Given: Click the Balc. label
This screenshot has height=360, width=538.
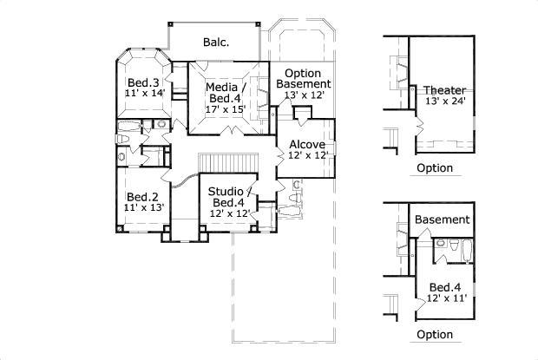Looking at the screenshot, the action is click(x=216, y=43).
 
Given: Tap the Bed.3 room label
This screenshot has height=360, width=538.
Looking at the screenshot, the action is click(x=143, y=82).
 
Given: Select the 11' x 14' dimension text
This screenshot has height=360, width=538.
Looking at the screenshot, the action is click(x=145, y=93).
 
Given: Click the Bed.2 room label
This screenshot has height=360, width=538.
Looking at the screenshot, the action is click(x=142, y=197).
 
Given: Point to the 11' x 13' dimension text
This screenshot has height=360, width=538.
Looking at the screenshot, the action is click(x=144, y=207).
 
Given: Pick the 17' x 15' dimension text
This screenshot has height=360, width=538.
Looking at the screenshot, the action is click(x=226, y=109).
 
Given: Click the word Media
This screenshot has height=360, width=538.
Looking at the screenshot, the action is click(x=221, y=87).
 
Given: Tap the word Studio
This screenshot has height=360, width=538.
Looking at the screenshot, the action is click(x=226, y=192).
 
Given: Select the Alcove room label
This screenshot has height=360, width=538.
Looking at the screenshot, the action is click(x=307, y=144).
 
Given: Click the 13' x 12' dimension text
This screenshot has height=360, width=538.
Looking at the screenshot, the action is click(x=305, y=95).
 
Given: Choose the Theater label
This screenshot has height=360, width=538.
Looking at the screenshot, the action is click(x=444, y=90).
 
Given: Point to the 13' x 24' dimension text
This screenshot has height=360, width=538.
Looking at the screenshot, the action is click(x=445, y=101).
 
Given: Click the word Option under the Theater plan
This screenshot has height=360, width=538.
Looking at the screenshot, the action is click(x=435, y=168).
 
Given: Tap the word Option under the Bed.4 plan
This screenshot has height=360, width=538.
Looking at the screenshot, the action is click(x=435, y=335).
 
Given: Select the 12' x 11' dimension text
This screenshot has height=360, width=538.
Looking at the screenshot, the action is click(x=446, y=298).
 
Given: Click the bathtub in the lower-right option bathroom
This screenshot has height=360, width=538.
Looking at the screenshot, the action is click(x=468, y=252).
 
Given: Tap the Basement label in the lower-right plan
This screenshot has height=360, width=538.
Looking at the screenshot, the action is click(x=443, y=219).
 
